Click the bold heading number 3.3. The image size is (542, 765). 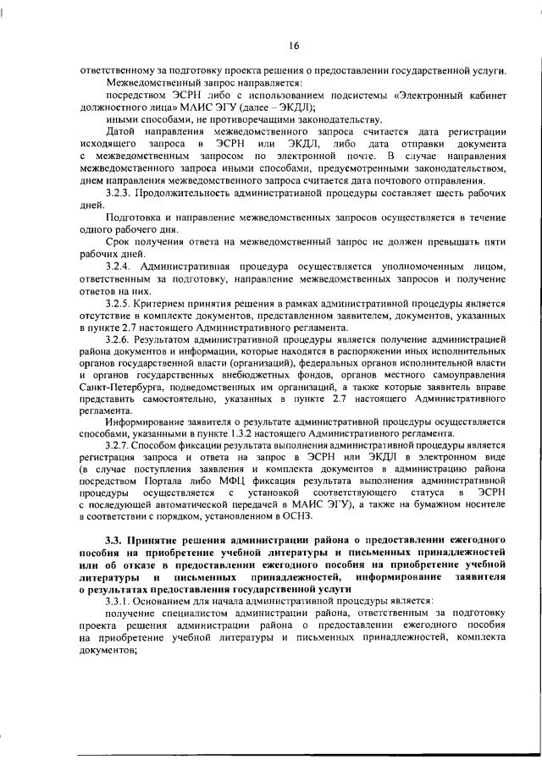(x=114, y=537)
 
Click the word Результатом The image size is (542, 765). (x=169, y=339)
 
